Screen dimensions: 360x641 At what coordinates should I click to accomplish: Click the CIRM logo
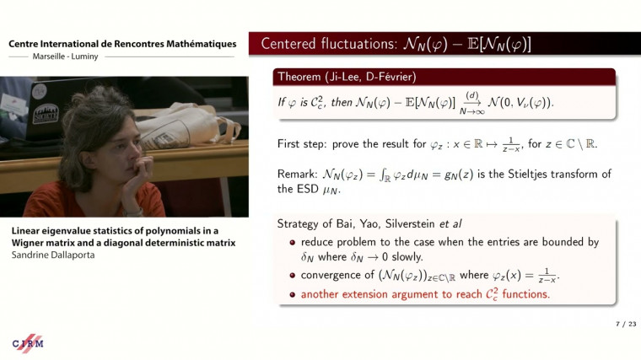coord(28,344)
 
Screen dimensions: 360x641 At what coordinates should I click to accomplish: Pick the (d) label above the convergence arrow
coord(473,95)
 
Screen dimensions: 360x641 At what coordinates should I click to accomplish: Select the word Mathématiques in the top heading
coord(196,44)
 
